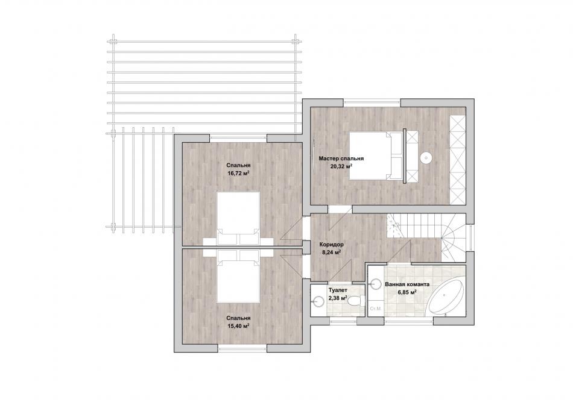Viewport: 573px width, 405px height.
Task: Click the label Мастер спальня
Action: coord(341,159)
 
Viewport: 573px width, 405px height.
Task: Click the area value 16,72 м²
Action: coord(238,172)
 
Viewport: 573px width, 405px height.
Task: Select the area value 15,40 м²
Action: coord(238,325)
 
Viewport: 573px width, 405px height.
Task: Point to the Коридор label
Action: coord(331,244)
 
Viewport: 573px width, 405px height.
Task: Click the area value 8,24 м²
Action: coord(332,252)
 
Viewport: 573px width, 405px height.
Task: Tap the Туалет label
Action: coord(338,290)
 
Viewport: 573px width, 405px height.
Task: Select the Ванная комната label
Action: coord(407,284)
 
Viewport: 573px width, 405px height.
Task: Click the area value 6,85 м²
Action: coord(407,292)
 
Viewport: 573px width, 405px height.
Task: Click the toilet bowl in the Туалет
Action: coord(356,301)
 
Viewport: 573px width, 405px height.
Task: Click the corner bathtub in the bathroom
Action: coord(446,298)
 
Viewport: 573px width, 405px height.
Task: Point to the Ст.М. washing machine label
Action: coord(376,309)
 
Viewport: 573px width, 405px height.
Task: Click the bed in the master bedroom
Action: coord(376,155)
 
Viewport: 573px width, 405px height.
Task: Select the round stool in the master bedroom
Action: coord(426,158)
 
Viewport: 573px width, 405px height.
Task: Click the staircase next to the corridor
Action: coord(426,237)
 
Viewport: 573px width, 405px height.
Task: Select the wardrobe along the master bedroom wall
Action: coord(458,160)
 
